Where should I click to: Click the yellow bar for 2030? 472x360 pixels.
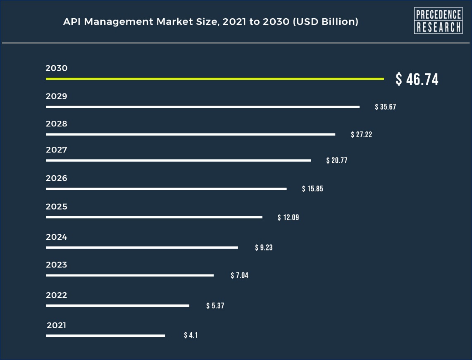pos(215,79)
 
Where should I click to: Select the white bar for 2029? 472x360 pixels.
pos(203,107)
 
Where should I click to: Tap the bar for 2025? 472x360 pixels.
pos(154,217)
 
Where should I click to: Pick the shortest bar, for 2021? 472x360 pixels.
pos(105,336)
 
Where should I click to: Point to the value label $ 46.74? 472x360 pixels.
pos(417,79)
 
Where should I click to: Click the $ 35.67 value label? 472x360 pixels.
pos(385,107)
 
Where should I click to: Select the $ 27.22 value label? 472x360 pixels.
pos(361,134)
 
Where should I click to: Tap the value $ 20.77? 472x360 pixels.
pos(336,160)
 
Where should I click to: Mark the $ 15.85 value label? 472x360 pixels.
pos(312,189)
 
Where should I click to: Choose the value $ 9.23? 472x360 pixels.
pos(264,248)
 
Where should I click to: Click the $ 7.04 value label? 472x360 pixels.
pos(239,275)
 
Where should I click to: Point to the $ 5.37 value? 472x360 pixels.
pos(215,306)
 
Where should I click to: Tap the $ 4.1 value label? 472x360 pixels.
pos(191,335)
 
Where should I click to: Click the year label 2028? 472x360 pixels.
pos(57,124)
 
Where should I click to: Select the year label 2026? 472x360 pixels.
pos(57,179)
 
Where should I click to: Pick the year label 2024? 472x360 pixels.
pos(57,237)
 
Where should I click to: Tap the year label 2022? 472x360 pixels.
pos(57,296)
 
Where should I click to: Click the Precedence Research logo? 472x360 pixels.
pos(438,21)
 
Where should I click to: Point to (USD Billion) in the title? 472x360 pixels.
pos(325,22)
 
